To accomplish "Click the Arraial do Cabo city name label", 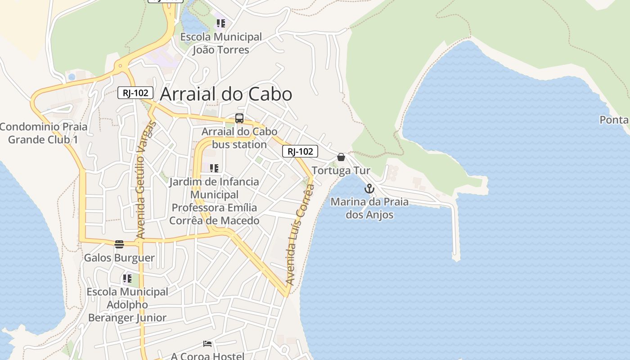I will [226, 94].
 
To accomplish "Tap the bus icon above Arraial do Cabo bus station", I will [239, 119].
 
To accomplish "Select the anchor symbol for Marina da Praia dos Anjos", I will [369, 189].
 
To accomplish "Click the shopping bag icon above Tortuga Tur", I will [341, 157].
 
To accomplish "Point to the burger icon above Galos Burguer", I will [119, 244].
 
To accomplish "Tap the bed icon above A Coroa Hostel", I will [207, 344].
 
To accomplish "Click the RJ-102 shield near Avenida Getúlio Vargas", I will [135, 93].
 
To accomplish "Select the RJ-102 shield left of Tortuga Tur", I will [300, 151].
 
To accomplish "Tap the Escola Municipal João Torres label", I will [221, 43].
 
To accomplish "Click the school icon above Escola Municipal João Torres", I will [220, 23].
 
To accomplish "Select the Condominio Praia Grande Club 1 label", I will [43, 133].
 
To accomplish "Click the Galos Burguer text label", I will [119, 258].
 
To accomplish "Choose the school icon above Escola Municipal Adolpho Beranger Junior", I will [127, 279].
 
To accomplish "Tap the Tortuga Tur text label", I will [341, 171].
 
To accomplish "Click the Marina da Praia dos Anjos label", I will [369, 208].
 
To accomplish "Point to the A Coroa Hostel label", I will [207, 356].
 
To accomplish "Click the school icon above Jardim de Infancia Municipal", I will [214, 168].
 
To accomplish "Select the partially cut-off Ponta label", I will [614, 120].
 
